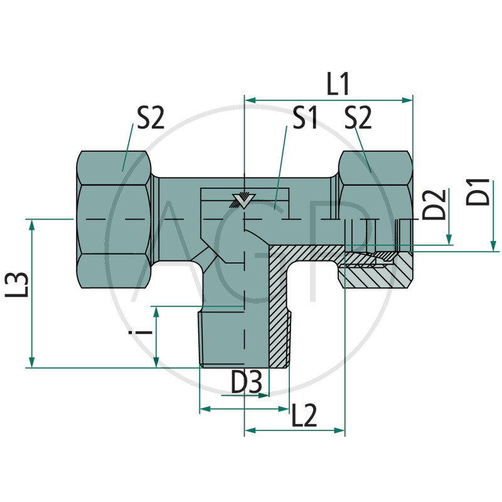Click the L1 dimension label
pyautogui.click(x=338, y=84)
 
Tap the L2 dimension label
pyautogui.click(x=304, y=415)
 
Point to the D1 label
pyautogui.click(x=479, y=192)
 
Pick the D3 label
pyautogui.click(x=245, y=383)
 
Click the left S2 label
pyautogui.click(x=151, y=119)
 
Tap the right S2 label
pyautogui.click(x=358, y=119)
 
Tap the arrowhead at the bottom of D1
pyautogui.click(x=493, y=245)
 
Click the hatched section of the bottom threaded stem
pyautogui.click(x=279, y=314)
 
